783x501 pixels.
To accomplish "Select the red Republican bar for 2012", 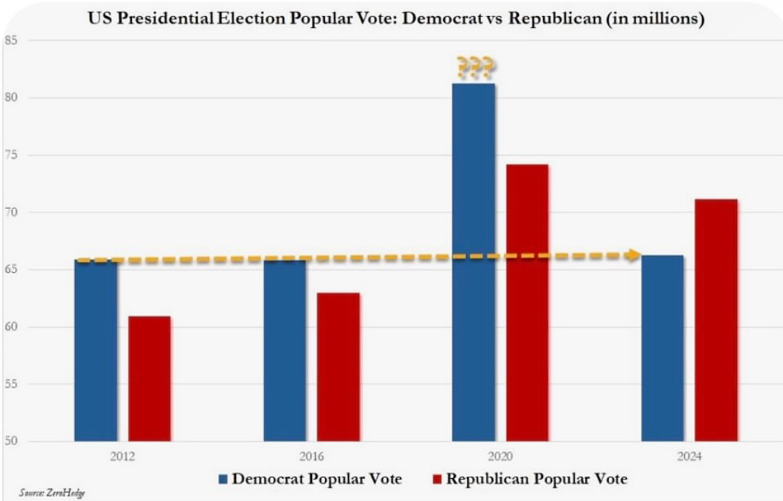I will point(149,379).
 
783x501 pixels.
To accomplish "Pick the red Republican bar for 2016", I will point(338,367).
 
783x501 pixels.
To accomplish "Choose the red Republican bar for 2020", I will point(527,303).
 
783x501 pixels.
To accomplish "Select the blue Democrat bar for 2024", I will point(662,348).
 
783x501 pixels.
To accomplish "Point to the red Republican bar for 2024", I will point(715,320).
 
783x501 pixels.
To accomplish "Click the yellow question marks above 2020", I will point(475,67).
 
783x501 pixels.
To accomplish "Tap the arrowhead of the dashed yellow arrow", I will point(633,255).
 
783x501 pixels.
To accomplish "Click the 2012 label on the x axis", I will point(122,457).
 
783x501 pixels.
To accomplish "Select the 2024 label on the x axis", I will point(689,457).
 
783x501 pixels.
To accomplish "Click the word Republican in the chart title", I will point(553,19).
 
